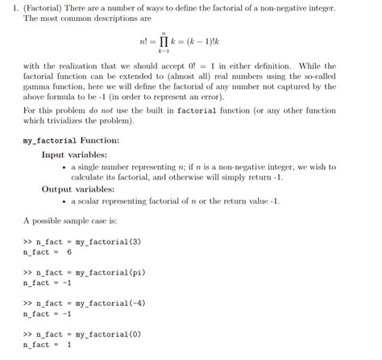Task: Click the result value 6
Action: pos(69,251)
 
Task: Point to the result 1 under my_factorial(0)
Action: pos(69,345)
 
